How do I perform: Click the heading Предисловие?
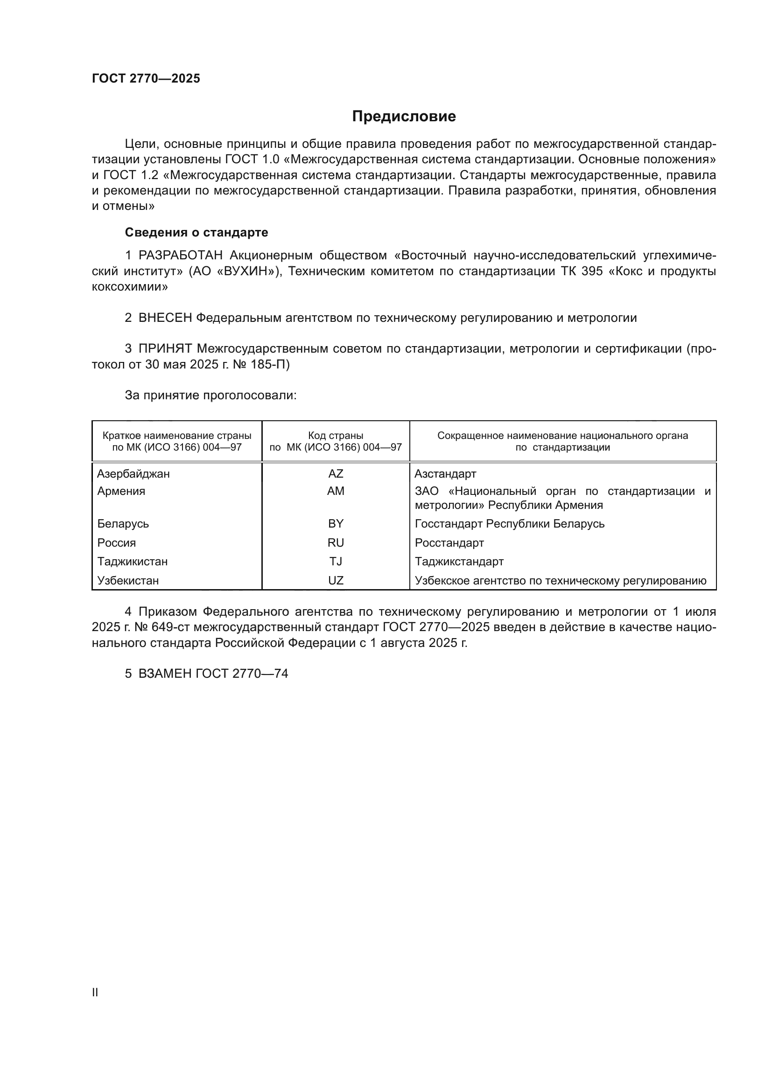point(404,117)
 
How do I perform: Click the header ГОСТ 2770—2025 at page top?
point(146,79)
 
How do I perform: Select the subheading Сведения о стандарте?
point(197,232)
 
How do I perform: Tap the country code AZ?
point(336,474)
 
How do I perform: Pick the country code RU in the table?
point(336,542)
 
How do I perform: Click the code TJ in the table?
point(336,562)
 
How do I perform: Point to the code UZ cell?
point(336,581)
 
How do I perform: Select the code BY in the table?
point(336,524)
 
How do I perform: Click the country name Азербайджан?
point(133,474)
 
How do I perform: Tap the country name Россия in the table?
point(117,542)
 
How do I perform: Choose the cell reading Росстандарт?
point(449,542)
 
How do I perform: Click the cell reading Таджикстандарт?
point(459,562)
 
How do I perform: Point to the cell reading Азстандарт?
point(445,474)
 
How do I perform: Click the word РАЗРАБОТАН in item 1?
point(180,256)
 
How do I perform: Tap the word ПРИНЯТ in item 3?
point(165,349)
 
